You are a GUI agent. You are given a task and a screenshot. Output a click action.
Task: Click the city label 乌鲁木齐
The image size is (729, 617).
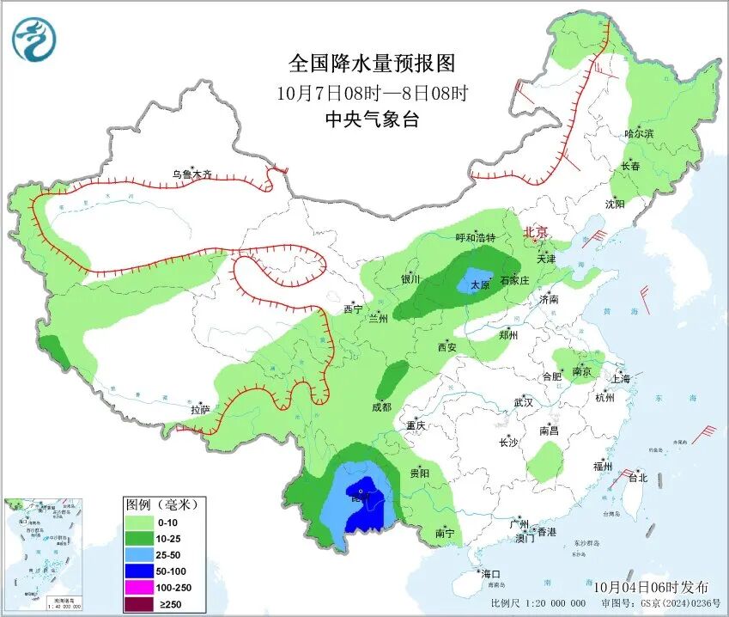(x=191, y=174)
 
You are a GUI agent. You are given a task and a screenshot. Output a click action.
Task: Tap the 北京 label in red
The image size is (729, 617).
(x=536, y=231)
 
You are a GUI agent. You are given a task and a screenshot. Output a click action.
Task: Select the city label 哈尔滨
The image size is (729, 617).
(x=639, y=134)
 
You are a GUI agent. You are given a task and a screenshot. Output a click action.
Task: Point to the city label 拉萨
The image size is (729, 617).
(x=200, y=410)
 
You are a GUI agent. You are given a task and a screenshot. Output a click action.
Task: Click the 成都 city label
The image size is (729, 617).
(x=381, y=407)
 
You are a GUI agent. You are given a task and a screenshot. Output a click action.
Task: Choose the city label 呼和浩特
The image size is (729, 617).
(x=475, y=238)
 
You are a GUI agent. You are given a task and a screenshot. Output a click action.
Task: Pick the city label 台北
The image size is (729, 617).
(x=637, y=478)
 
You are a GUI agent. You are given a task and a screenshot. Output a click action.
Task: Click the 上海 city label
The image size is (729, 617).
(x=620, y=379)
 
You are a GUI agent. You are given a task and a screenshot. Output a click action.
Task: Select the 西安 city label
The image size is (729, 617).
(x=447, y=347)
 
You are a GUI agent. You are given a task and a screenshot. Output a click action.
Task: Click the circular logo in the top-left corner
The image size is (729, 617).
(x=33, y=40)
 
